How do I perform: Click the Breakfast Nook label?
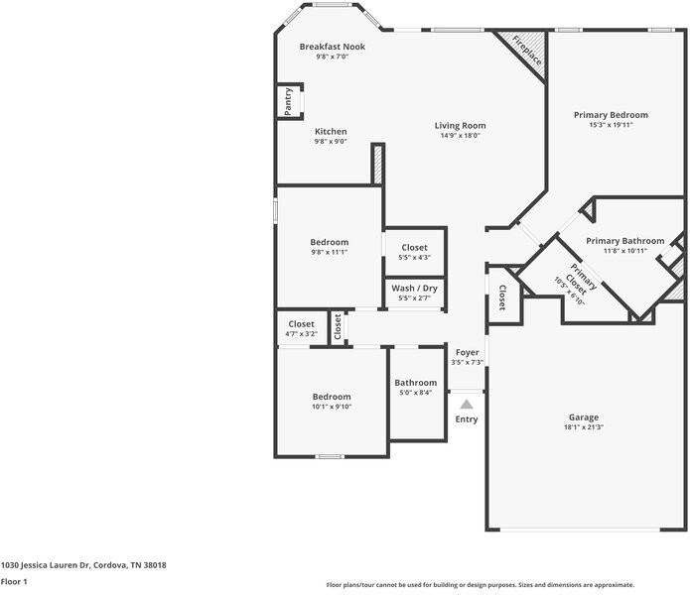pyautogui.click(x=333, y=47)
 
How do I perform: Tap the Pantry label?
pyautogui.click(x=288, y=101)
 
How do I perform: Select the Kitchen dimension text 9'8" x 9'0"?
pyautogui.click(x=331, y=142)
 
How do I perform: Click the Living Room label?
pyautogui.click(x=460, y=126)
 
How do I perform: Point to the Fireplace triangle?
pyautogui.click(x=524, y=50)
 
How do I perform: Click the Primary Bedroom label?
pyautogui.click(x=611, y=115)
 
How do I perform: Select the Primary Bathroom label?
pyautogui.click(x=624, y=241)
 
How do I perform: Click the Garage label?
pyautogui.click(x=583, y=417)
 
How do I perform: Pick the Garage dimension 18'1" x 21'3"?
pyautogui.click(x=583, y=428)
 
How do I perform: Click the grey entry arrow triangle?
pyautogui.click(x=467, y=404)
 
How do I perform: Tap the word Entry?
pyautogui.click(x=467, y=419)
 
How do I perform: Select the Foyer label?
pyautogui.click(x=467, y=353)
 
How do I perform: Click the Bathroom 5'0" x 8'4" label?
pyautogui.click(x=415, y=383)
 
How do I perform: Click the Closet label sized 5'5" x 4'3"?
pyautogui.click(x=414, y=248)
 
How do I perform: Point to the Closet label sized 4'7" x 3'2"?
pyautogui.click(x=301, y=324)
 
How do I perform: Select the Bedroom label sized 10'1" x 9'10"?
pyautogui.click(x=332, y=397)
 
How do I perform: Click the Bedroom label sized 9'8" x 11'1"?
pyautogui.click(x=329, y=242)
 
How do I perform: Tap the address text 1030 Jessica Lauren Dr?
pyautogui.click(x=46, y=565)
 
